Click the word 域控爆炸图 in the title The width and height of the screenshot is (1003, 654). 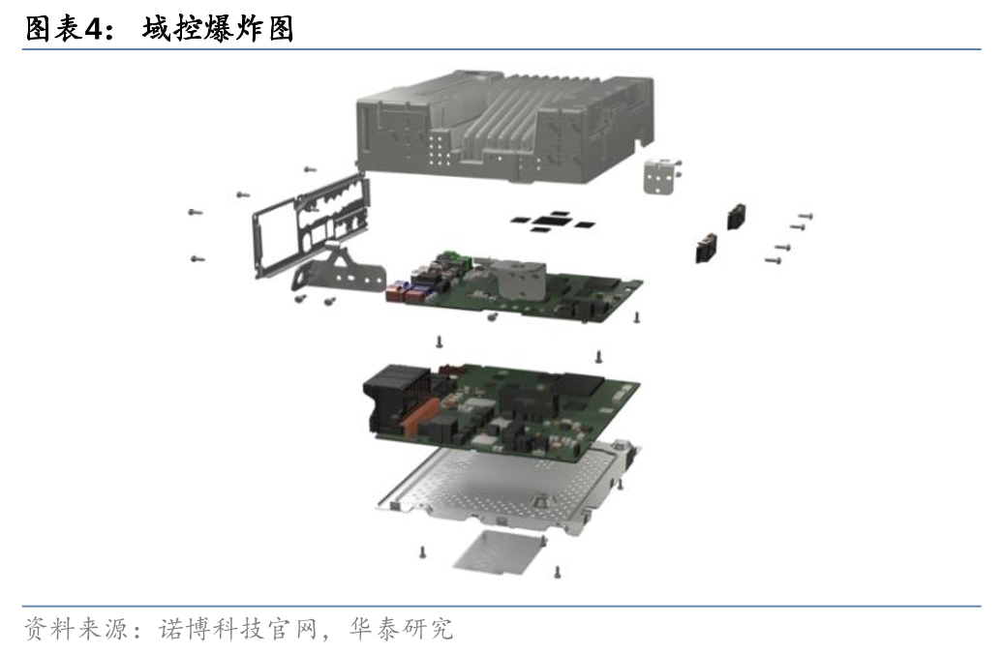[x=218, y=28]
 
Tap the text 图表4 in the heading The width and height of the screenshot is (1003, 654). [x=63, y=28]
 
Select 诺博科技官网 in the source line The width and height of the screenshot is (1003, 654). [x=238, y=629]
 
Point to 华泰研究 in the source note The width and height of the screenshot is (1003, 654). [x=402, y=629]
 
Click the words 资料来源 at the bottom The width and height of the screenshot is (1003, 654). [x=76, y=629]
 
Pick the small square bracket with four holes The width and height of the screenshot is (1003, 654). [x=660, y=174]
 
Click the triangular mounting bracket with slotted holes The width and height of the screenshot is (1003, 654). [x=339, y=274]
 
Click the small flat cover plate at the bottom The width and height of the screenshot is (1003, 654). [x=498, y=551]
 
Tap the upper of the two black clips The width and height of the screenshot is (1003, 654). [x=737, y=216]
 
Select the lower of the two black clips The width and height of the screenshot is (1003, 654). [x=706, y=248]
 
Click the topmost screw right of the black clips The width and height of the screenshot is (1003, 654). [x=805, y=217]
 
